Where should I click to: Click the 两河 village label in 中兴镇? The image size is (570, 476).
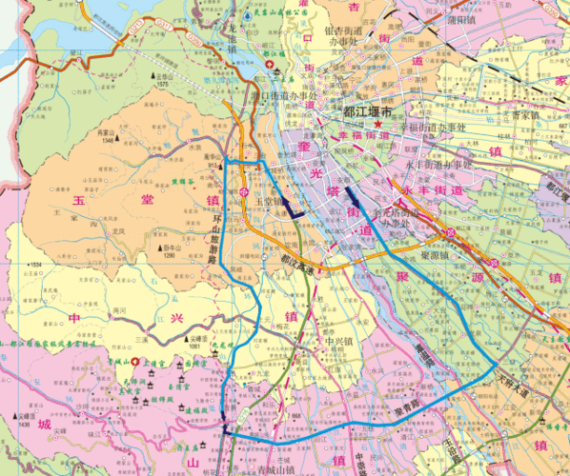[x=119, y=310]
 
